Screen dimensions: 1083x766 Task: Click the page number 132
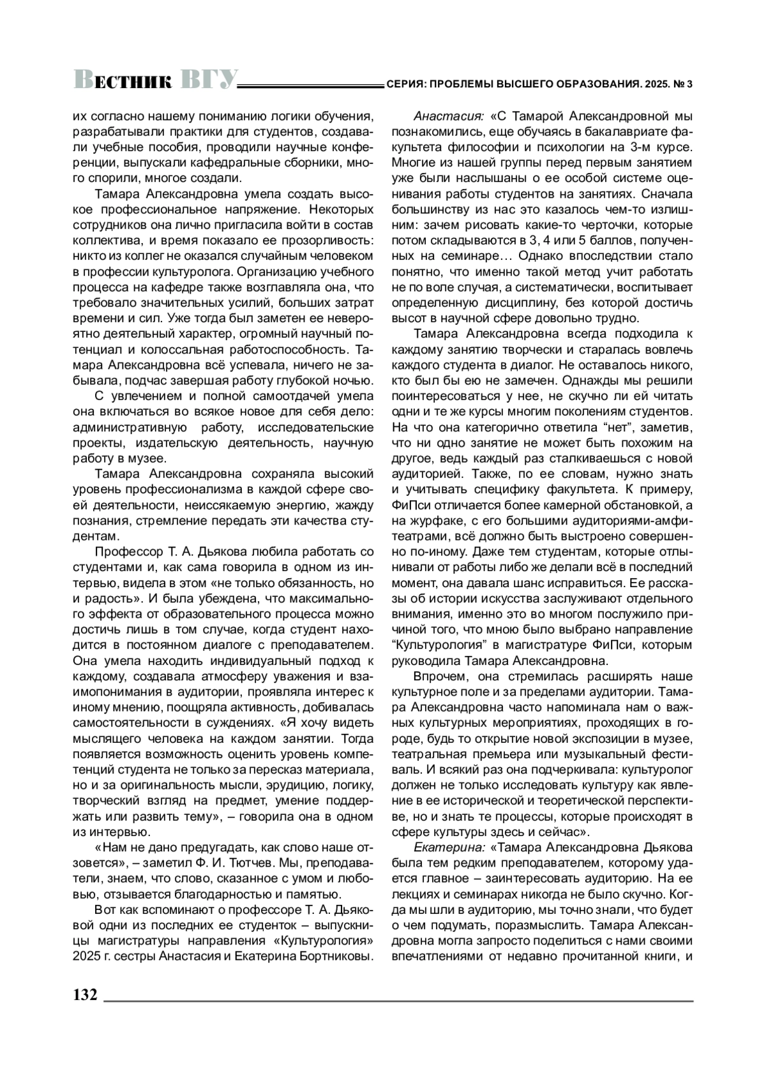[x=86, y=995]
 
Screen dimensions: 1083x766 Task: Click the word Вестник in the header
[x=123, y=80]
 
